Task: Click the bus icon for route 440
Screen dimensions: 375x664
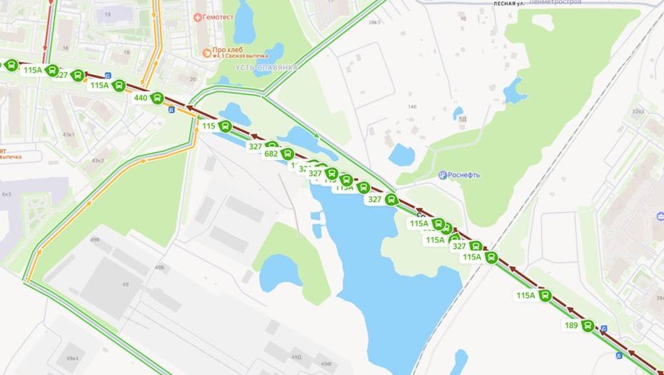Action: pyautogui.click(x=157, y=98)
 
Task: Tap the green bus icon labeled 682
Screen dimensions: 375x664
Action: pyautogui.click(x=288, y=154)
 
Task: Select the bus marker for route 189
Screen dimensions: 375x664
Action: pyautogui.click(x=588, y=326)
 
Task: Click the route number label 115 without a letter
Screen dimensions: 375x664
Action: pyautogui.click(x=208, y=126)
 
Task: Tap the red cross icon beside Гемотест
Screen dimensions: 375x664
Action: pyautogui.click(x=198, y=16)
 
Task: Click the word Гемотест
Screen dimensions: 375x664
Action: pyautogui.click(x=222, y=16)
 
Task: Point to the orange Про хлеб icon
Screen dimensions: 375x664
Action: pyautogui.click(x=207, y=51)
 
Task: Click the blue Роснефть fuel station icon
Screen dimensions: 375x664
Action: pyautogui.click(x=443, y=175)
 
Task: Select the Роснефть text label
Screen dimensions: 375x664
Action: pyautogui.click(x=465, y=175)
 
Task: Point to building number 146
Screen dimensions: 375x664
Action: pyautogui.click(x=411, y=106)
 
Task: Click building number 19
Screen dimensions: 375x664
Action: pyautogui.click(x=108, y=14)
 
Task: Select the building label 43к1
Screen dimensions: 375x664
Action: pyautogui.click(x=69, y=134)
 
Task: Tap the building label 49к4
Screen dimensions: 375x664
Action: pyautogui.click(x=72, y=358)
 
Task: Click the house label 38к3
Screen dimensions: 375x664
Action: pyautogui.click(x=373, y=22)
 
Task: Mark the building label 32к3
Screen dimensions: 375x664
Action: pyautogui.click(x=638, y=111)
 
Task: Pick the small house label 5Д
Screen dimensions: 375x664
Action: pyautogui.click(x=462, y=119)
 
